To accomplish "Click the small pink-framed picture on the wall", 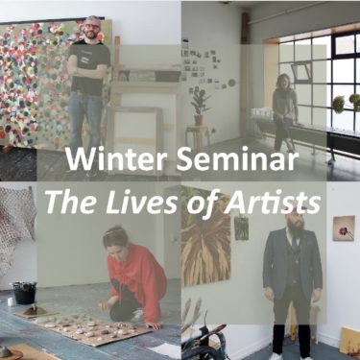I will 343,228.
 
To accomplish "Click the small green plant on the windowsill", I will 339,104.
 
